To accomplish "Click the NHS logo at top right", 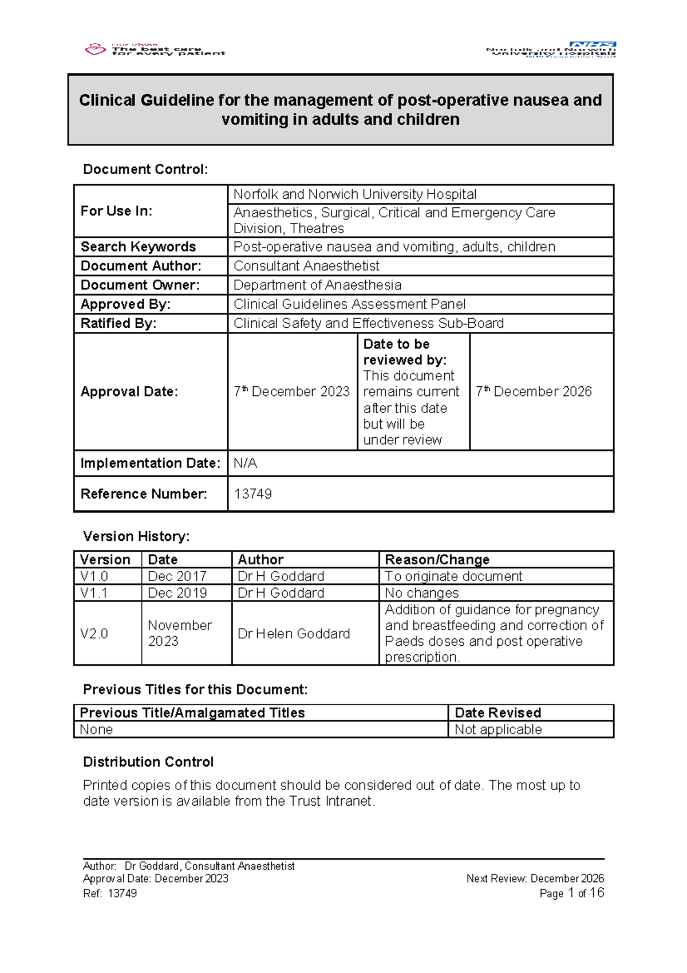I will (x=593, y=45).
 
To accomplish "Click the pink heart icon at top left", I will (x=95, y=49).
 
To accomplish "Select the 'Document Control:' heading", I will (x=145, y=170).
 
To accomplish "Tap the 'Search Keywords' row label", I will (x=138, y=247).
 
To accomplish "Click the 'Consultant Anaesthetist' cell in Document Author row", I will (x=306, y=266).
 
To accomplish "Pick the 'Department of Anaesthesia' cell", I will (x=317, y=285).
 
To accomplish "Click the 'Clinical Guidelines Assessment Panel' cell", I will (x=349, y=304).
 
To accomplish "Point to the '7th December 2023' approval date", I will (x=291, y=391).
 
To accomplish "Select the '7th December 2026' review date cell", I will (x=534, y=391).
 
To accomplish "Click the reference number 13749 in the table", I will (x=252, y=494).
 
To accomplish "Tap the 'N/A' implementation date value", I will (x=245, y=463).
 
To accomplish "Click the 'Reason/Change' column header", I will (x=437, y=559).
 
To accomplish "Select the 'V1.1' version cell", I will (x=94, y=593).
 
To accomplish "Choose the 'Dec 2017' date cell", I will (x=177, y=576).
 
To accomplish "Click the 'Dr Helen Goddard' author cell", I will (x=294, y=634).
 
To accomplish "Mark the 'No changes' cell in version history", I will (x=421, y=593).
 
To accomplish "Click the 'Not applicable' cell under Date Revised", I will (x=498, y=729).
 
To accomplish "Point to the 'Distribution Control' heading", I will (x=148, y=762).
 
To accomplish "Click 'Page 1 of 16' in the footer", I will (x=571, y=893).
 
